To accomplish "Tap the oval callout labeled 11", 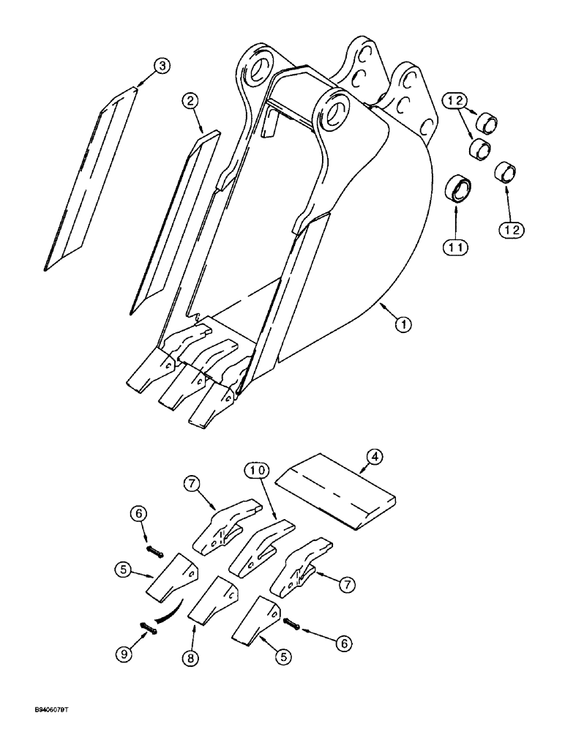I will (456, 248).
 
